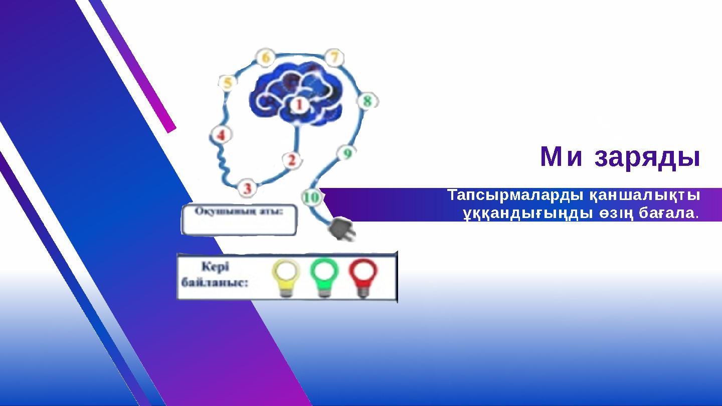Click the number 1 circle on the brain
(x=299, y=105)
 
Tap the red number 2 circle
(x=292, y=160)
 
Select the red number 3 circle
(x=247, y=188)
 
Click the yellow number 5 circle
(x=228, y=83)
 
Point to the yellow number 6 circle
(x=265, y=58)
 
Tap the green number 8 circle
(x=367, y=101)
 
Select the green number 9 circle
(x=346, y=153)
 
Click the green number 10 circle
(x=312, y=197)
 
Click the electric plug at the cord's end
(x=341, y=232)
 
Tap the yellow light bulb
(x=286, y=277)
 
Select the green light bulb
(x=324, y=277)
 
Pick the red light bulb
(x=363, y=277)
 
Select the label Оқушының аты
(x=239, y=211)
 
